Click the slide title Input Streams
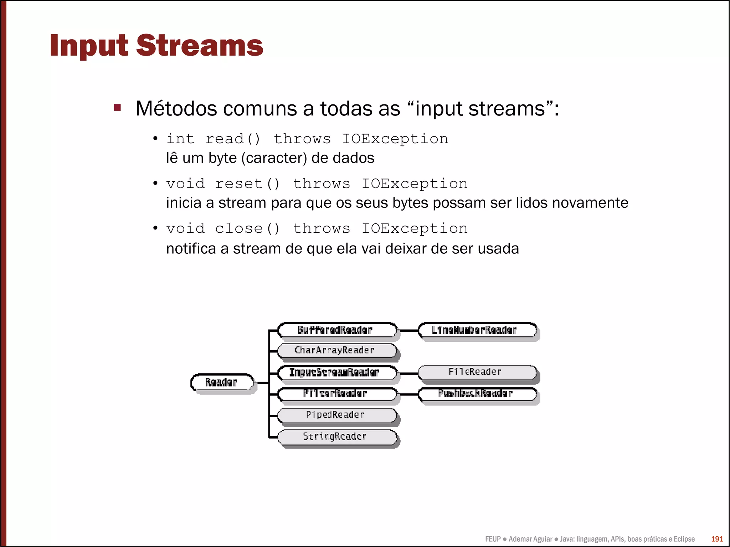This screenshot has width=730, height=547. pos(156,46)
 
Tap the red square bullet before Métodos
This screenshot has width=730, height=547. pos(117,107)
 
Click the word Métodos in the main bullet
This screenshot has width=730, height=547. pos(176,108)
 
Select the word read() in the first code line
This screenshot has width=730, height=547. pos(233,139)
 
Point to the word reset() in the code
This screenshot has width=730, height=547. pos(247,184)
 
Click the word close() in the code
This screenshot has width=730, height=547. pos(247,228)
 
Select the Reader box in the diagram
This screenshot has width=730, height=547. pos(222,382)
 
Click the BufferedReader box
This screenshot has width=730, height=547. pos(336,330)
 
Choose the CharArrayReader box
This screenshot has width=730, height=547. pos(336,350)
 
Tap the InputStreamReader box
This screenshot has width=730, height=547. pos(336,372)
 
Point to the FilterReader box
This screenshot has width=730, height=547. pos(336,394)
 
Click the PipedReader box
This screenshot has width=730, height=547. pos(336,415)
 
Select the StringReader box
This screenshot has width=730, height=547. pos(336,437)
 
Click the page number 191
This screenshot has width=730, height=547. pos(717,539)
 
